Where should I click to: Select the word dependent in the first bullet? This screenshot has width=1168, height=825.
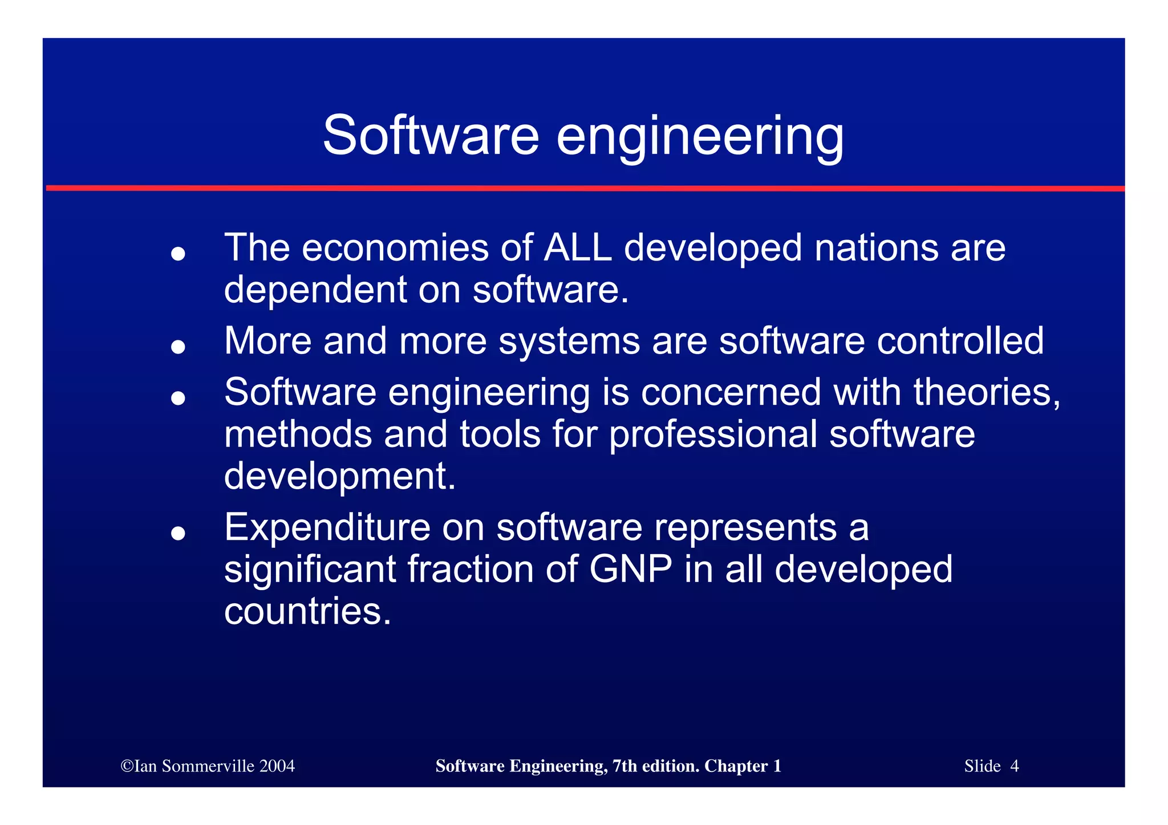point(315,290)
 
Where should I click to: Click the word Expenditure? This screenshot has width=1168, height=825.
point(327,527)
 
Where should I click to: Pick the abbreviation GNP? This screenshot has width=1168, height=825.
point(631,569)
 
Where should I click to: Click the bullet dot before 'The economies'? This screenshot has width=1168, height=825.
point(179,253)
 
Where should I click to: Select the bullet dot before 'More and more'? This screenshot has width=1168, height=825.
point(179,346)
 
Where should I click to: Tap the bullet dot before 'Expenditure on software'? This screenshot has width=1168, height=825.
point(179,533)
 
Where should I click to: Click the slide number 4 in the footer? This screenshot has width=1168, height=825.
point(1014,766)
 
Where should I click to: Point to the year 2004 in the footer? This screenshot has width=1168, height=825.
point(277,766)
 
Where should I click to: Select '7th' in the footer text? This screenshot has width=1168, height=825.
point(625,766)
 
